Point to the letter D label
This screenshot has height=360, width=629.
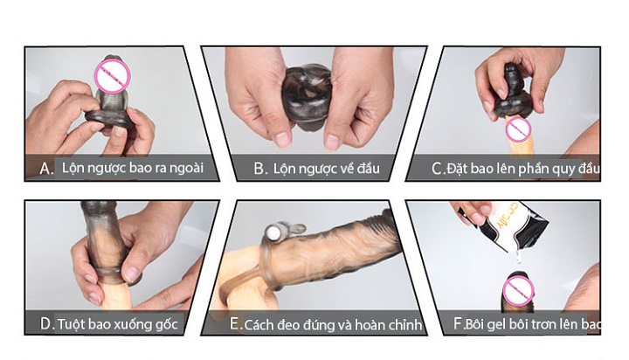(46, 324)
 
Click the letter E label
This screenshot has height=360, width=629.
(235, 324)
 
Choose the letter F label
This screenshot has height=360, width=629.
(458, 324)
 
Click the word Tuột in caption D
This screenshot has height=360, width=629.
(73, 324)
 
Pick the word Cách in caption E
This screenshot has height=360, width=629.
(263, 324)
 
